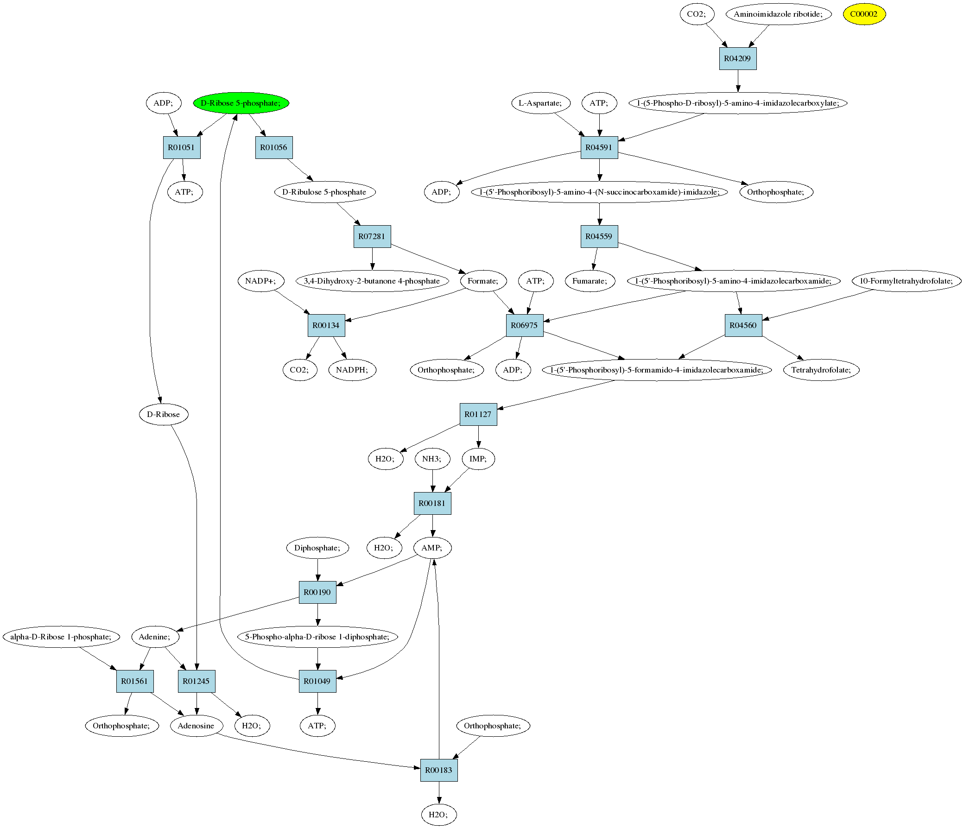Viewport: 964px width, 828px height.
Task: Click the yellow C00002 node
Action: click(864, 14)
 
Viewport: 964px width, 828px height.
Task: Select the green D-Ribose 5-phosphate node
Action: click(241, 103)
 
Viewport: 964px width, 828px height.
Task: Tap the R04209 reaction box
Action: click(737, 58)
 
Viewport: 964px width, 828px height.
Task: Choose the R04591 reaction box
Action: click(599, 147)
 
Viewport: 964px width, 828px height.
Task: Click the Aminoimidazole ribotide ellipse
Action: click(778, 14)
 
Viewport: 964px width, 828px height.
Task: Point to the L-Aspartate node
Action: click(540, 103)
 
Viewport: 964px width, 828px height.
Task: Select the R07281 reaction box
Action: click(372, 236)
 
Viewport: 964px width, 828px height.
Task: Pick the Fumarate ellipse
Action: click(590, 281)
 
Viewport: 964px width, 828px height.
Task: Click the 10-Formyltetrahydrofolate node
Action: click(906, 281)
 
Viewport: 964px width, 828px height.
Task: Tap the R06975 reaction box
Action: click(524, 325)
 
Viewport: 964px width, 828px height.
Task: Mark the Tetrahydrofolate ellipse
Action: click(821, 370)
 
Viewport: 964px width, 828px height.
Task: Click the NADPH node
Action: click(352, 370)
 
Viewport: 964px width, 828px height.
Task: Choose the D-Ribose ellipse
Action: click(163, 415)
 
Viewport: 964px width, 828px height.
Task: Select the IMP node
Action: click(478, 459)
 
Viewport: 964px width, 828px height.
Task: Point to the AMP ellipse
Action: click(432, 548)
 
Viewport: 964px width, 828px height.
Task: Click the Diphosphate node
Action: click(317, 548)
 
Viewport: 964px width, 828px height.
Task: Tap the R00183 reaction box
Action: click(438, 770)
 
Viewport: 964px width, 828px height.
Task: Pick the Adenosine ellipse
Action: click(196, 726)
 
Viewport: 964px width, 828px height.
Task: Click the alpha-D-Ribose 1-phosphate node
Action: click(61, 637)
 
